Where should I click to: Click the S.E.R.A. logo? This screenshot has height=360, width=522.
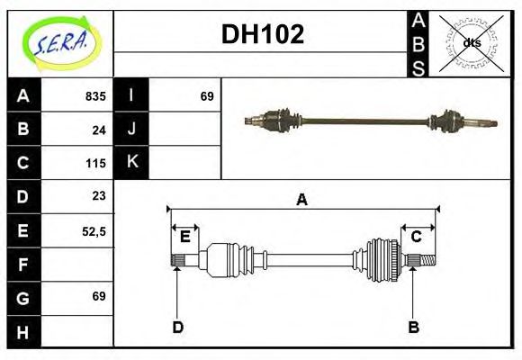tap(60, 42)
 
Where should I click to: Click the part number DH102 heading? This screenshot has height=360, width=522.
tap(262, 34)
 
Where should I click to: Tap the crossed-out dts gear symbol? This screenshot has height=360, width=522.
tap(471, 42)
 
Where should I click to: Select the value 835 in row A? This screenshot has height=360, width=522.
tap(94, 95)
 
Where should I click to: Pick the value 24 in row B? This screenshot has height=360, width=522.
tap(99, 130)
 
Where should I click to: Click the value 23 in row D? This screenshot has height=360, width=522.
tap(99, 196)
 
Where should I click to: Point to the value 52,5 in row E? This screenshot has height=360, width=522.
tap(94, 230)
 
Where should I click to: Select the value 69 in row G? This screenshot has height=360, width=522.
tap(99, 296)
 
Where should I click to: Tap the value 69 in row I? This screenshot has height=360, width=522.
tap(206, 95)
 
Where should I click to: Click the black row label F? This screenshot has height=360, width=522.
tap(23, 264)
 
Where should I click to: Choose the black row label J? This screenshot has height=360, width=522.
tap(131, 130)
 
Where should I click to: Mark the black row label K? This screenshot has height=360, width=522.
tap(131, 163)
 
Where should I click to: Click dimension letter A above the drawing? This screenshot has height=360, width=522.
tap(301, 200)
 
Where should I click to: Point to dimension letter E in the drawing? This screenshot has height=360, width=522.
tap(184, 237)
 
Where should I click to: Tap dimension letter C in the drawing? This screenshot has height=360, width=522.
tap(417, 237)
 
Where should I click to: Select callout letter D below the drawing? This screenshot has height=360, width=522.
tap(177, 327)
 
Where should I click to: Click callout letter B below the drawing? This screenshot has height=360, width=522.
tap(413, 327)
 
